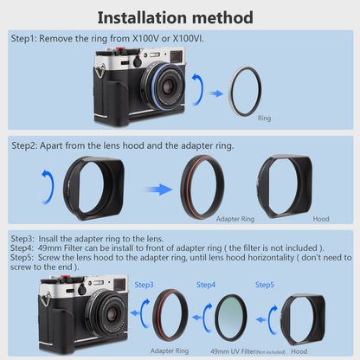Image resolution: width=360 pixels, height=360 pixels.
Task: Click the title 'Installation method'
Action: point(176,18)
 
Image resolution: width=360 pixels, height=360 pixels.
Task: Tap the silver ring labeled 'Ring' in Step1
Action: point(230,92)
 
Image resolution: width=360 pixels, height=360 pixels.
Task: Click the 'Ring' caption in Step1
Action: point(264,118)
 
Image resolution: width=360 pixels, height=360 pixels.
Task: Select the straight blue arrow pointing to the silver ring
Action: point(216,93)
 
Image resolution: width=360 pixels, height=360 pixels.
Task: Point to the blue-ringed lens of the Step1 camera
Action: point(165,86)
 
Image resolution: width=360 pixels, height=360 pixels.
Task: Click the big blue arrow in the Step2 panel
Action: point(159,190)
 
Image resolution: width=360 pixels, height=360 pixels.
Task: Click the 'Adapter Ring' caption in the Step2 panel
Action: point(235,219)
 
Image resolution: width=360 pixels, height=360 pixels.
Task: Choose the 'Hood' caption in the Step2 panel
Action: point(321,219)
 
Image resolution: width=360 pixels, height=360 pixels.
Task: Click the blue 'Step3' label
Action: point(144,285)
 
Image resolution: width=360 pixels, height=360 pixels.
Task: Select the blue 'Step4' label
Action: point(206,285)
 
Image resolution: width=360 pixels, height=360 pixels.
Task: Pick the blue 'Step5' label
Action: point(265,285)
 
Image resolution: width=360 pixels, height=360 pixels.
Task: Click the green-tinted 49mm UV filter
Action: point(231,318)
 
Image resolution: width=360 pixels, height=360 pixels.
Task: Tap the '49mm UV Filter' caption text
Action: point(233,351)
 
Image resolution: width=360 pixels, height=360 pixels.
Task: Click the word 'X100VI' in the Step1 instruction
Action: point(188,38)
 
